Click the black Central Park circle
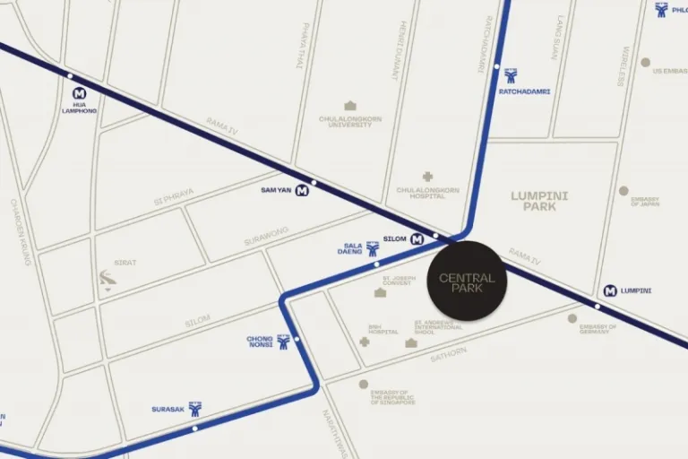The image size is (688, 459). pos(467,281)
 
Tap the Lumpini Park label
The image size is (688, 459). pos(539,201)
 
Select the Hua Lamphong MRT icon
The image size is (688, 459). pos(79,93)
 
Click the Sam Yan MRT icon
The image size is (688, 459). pos(302,190)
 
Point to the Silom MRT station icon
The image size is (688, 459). pos(417,239)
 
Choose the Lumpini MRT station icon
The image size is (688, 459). pos(610,290)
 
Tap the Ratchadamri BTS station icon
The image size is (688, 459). pos(511,75)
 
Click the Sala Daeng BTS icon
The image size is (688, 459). pos(373,248)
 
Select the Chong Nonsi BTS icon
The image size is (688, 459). pos(283,342)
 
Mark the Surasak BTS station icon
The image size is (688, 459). pos(195,409)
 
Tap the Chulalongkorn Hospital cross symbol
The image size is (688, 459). pos(427,177)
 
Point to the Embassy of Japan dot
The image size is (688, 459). pos(623,191)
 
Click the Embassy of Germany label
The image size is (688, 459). pos(598,329)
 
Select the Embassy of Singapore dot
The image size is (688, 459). pos(364,384)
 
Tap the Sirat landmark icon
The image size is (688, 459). pos(108,280)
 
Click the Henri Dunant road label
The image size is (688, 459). pos(404,50)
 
